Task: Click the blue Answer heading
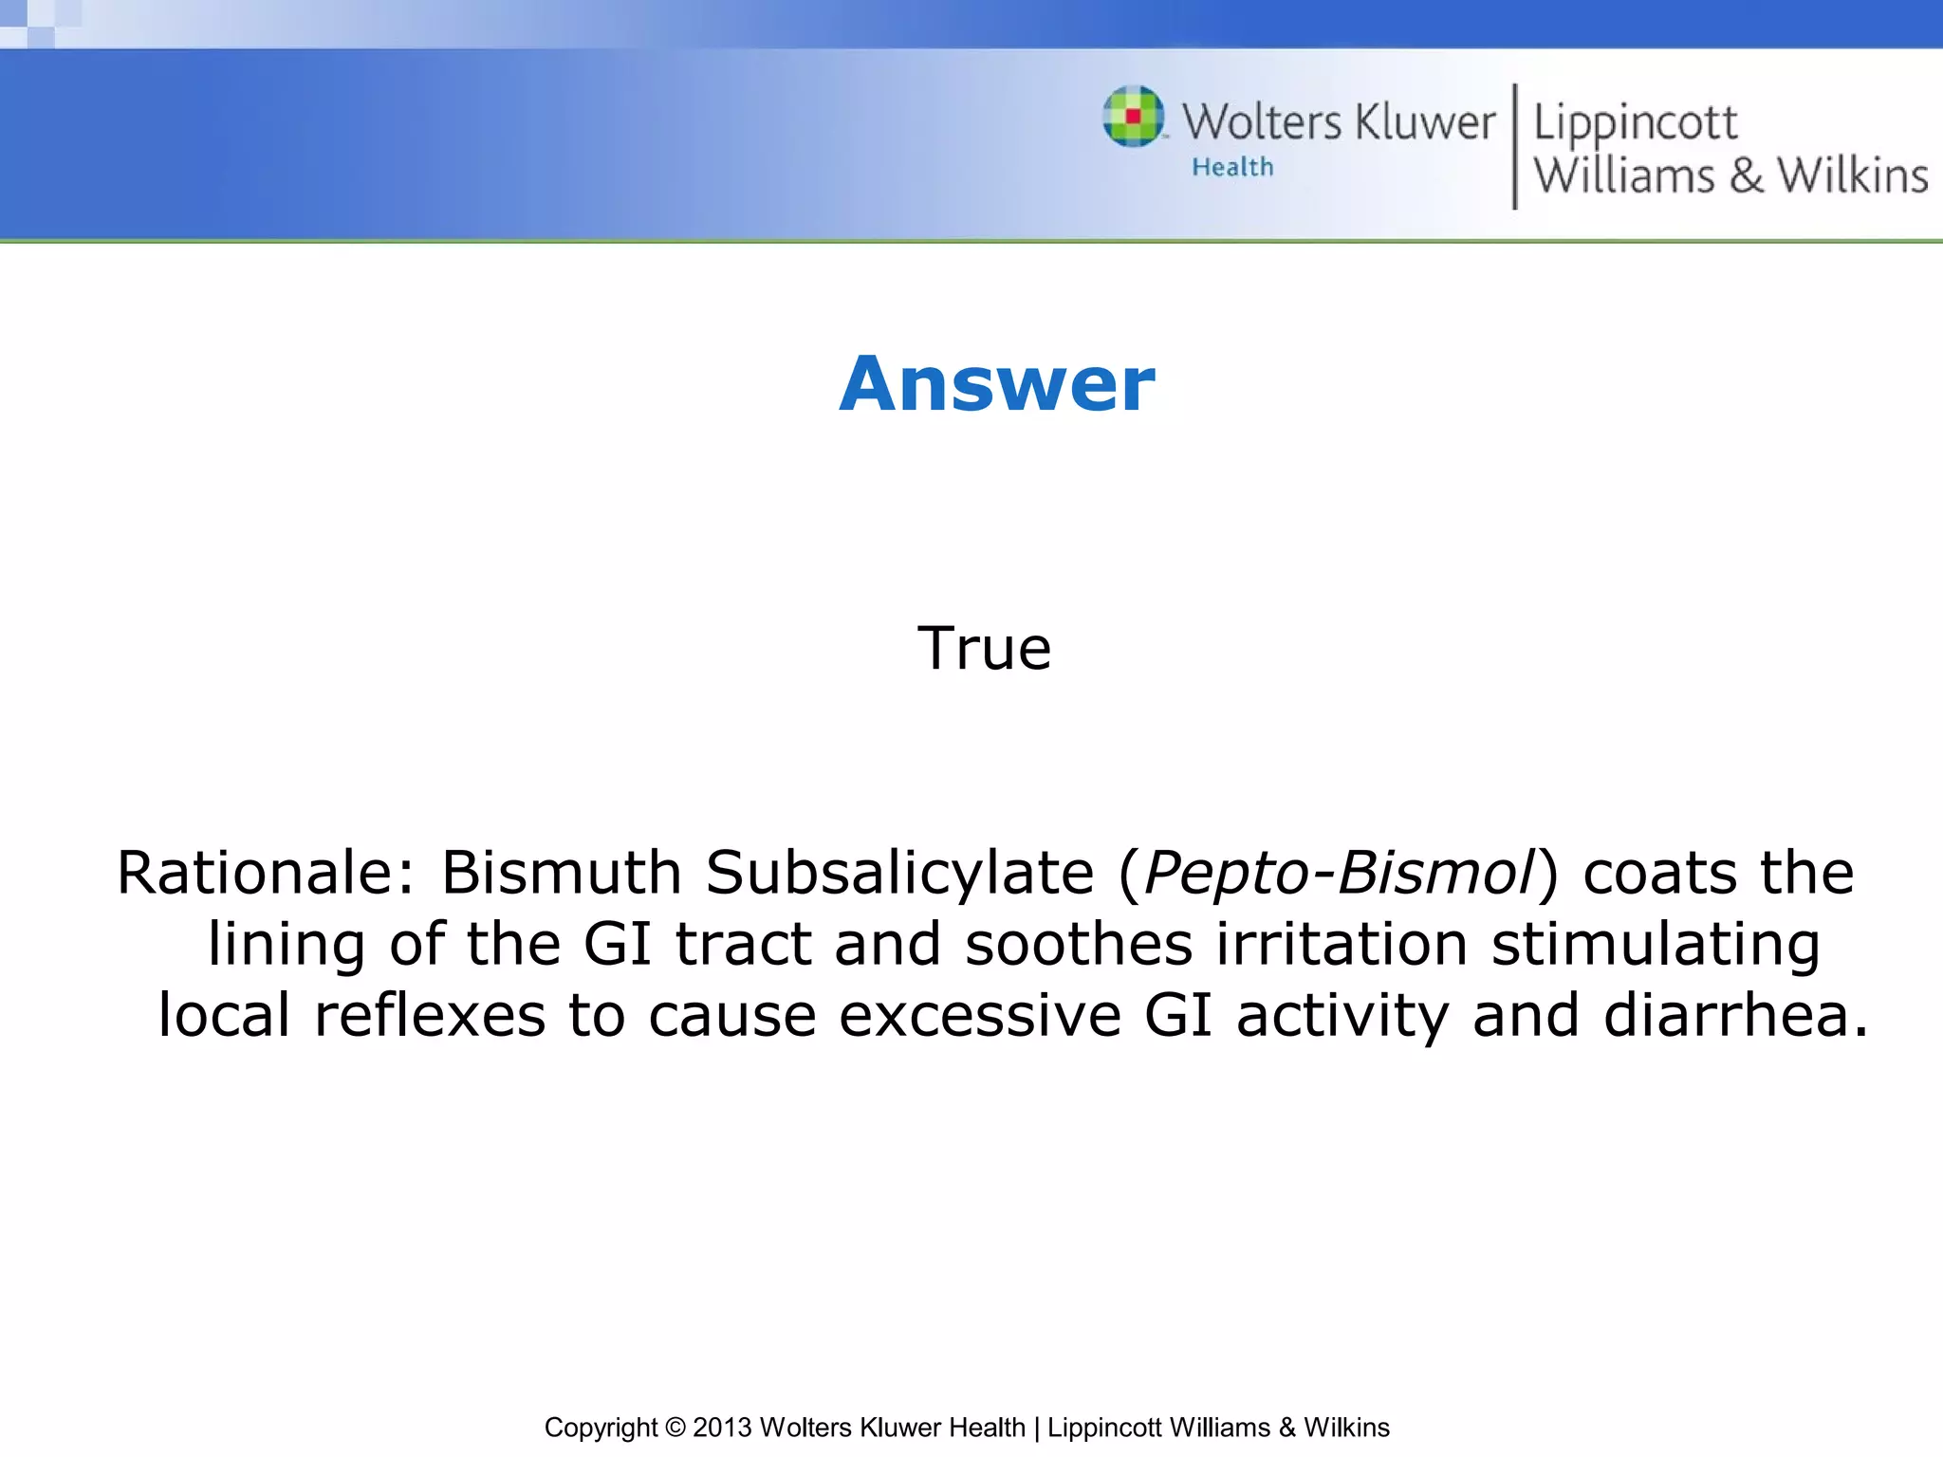(997, 384)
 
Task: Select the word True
(984, 649)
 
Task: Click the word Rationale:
(266, 873)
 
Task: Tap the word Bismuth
(562, 873)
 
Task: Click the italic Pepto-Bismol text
(1339, 873)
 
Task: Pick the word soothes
(1079, 945)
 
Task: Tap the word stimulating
(1656, 945)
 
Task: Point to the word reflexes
(430, 1016)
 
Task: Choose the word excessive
(980, 1016)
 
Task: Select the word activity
(1342, 1016)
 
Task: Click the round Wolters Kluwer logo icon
(1133, 117)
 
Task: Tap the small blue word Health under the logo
(1232, 168)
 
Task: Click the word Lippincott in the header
(1635, 124)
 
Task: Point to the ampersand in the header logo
(1746, 175)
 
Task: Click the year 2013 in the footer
(723, 1428)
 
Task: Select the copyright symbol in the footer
(675, 1428)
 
